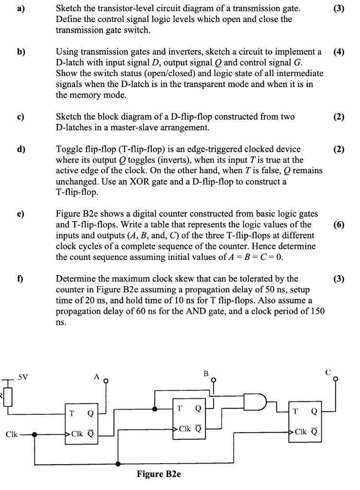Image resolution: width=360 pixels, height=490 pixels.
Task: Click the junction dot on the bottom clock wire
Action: pyautogui.click(x=118, y=463)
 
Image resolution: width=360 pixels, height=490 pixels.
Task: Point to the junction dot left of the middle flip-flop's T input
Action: pyautogui.click(x=154, y=409)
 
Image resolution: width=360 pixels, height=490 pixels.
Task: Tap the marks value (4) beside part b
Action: pyautogui.click(x=339, y=52)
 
